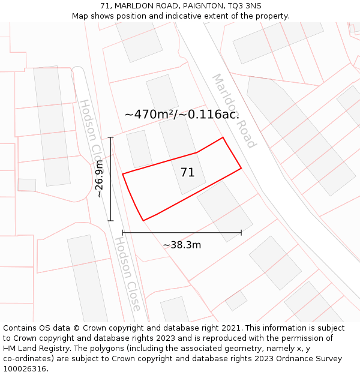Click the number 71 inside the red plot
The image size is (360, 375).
[x=187, y=173]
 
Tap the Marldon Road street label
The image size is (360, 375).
[x=234, y=111]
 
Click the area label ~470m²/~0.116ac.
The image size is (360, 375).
[x=182, y=114]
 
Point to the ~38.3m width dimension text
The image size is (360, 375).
[x=182, y=245]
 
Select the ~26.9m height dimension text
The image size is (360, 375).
[x=100, y=179]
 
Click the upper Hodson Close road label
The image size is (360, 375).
[x=89, y=129]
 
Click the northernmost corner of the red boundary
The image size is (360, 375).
[x=223, y=137]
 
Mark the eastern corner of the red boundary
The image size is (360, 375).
[x=241, y=168]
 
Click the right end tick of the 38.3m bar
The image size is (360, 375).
[x=241, y=232]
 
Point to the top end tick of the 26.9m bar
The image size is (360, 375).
[x=110, y=137]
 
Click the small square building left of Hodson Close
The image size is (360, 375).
[x=27, y=185]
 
